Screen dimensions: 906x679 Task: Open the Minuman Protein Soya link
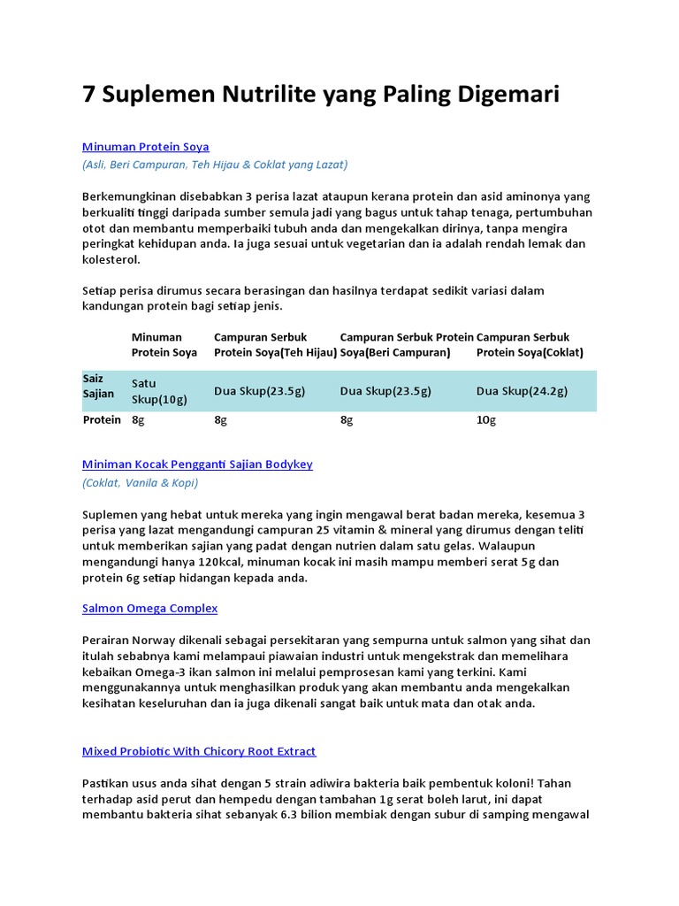145,146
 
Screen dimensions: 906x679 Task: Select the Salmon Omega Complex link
149,608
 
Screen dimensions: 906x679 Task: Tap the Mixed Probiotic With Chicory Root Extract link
199,751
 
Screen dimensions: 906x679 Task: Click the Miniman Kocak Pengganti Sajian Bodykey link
197,464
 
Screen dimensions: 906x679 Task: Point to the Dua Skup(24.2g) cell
522,391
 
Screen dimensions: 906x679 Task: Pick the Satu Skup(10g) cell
159,391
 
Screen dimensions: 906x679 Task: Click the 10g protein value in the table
486,420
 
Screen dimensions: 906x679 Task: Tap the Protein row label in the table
102,420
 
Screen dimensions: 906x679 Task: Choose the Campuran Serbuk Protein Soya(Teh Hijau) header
275,344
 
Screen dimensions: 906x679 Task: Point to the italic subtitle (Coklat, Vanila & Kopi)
140,482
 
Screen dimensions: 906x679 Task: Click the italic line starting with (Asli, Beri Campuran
215,165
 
